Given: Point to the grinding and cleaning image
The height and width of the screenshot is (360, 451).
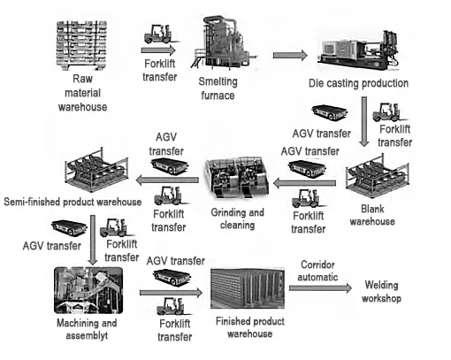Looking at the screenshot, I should pyautogui.click(x=233, y=182).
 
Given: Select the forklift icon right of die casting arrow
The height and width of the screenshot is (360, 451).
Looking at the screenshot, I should pyautogui.click(x=389, y=111).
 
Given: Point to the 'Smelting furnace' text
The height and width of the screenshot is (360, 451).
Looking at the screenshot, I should pyautogui.click(x=216, y=89).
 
